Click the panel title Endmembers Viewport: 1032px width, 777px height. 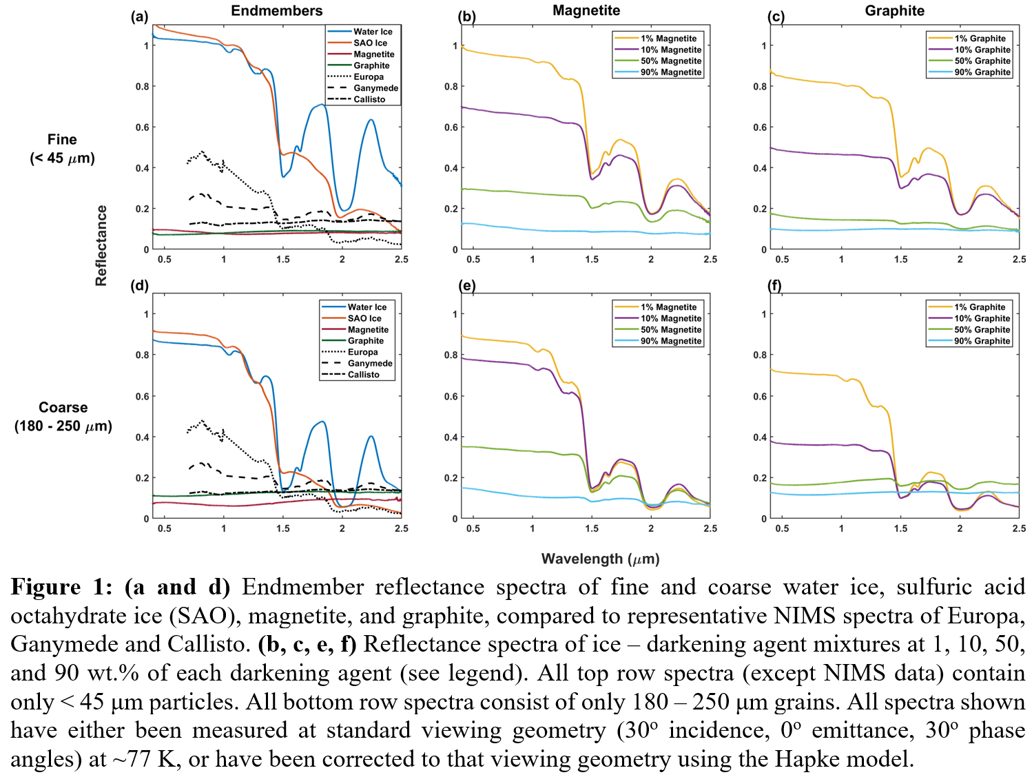coord(276,11)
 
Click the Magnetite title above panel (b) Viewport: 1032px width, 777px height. coord(586,10)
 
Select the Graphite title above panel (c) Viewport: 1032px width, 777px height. coord(894,11)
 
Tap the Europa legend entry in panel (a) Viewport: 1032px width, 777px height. coord(369,77)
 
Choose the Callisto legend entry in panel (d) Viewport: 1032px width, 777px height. coord(363,375)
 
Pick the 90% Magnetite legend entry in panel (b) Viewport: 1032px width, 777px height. coord(671,72)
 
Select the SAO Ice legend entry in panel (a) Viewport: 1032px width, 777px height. coord(370,43)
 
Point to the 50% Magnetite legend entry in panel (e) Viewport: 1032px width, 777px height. coord(671,330)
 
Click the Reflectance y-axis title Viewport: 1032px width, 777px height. coord(101,246)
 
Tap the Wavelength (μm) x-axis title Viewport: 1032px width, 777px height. coord(600,559)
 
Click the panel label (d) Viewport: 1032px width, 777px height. coord(140,285)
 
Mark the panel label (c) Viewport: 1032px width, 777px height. coord(776,17)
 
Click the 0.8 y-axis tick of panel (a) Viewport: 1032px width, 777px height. coord(142,87)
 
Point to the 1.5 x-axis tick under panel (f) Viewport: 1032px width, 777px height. coord(900,528)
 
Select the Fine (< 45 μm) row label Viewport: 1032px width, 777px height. coord(62,149)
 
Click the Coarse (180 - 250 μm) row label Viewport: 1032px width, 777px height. coord(63,417)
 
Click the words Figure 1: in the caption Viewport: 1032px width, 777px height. coord(61,587)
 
